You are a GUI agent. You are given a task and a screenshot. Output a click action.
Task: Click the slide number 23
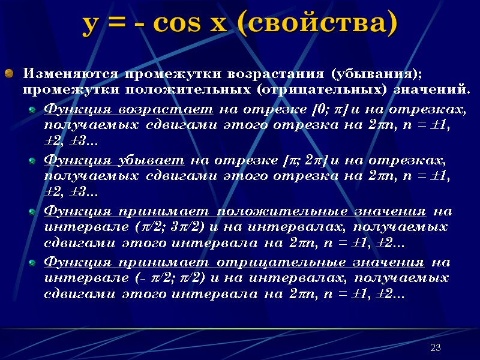[x=436, y=348]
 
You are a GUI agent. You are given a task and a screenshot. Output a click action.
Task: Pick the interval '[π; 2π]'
[x=304, y=160]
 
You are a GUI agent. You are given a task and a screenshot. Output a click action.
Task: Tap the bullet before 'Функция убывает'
[x=33, y=161]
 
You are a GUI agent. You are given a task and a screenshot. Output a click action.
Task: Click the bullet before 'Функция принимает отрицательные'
[x=33, y=262]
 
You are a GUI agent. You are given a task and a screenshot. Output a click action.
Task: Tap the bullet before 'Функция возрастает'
[x=33, y=110]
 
